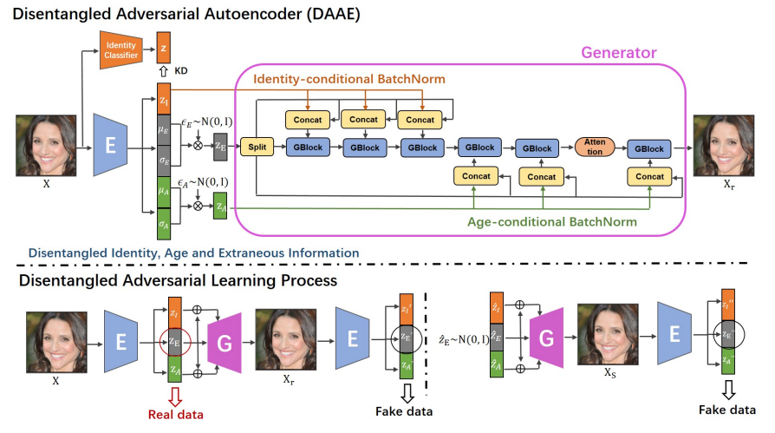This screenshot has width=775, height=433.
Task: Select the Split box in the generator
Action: point(256,148)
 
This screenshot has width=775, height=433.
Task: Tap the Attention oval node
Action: point(594,148)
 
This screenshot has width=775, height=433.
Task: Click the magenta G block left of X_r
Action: point(224,342)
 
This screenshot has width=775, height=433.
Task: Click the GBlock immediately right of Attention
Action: point(648,148)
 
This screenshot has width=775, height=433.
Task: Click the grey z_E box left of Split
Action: point(220,145)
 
